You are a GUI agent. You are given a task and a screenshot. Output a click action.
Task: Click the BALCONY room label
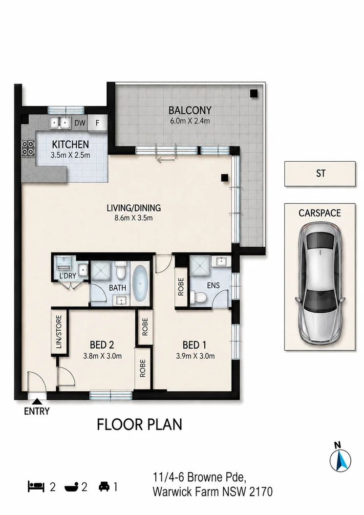pos(190,110)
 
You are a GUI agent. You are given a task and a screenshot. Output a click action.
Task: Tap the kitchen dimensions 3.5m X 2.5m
pos(70,155)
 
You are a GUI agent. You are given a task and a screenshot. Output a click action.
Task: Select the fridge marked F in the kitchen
pos(98,123)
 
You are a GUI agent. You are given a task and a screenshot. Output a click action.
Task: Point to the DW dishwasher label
pos(80,123)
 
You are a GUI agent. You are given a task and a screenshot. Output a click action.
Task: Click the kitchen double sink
pos(61,123)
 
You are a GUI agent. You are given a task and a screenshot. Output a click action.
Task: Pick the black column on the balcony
pos(254,93)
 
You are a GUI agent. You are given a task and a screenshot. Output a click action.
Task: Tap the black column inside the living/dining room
pos(225,178)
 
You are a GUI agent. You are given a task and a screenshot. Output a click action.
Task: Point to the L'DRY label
pos(68,276)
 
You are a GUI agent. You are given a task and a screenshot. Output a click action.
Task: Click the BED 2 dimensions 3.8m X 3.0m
pos(103,356)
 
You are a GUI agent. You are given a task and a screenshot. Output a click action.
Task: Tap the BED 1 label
pos(194,345)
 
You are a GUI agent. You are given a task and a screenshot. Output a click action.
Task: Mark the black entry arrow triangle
pos(37,401)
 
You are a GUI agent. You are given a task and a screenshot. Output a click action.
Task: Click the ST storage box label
pos(321,173)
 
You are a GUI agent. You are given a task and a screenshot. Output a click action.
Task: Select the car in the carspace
pos(320,284)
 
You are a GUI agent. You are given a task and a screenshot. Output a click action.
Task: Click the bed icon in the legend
pos(36,487)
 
